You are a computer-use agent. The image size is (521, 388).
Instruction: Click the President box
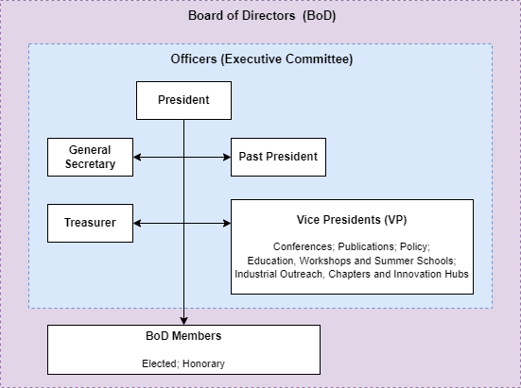pos(183,100)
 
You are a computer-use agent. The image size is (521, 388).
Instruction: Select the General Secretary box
pos(90,158)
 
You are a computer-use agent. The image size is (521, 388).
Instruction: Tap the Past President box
pos(278,158)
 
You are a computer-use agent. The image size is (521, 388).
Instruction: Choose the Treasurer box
pos(90,223)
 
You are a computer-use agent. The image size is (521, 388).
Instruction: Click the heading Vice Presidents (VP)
pos(352,220)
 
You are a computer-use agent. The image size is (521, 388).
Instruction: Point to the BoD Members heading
pos(183,336)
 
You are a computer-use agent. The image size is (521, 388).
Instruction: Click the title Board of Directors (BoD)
pos(262,16)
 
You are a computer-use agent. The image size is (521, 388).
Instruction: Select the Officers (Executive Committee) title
pos(262,59)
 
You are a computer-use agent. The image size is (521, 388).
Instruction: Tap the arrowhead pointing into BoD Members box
pos(183,321)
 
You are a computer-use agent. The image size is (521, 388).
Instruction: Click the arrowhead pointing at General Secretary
pos(137,158)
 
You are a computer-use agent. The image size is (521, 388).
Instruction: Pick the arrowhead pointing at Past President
pos(227,158)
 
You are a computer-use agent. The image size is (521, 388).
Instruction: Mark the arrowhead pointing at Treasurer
pos(137,223)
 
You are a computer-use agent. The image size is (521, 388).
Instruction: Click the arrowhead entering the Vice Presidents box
pos(227,223)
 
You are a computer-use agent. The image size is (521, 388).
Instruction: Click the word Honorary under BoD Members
pos(203,363)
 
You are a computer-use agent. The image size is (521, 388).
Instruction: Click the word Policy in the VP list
pos(415,246)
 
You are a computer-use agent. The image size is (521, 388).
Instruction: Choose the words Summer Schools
pos(415,261)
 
